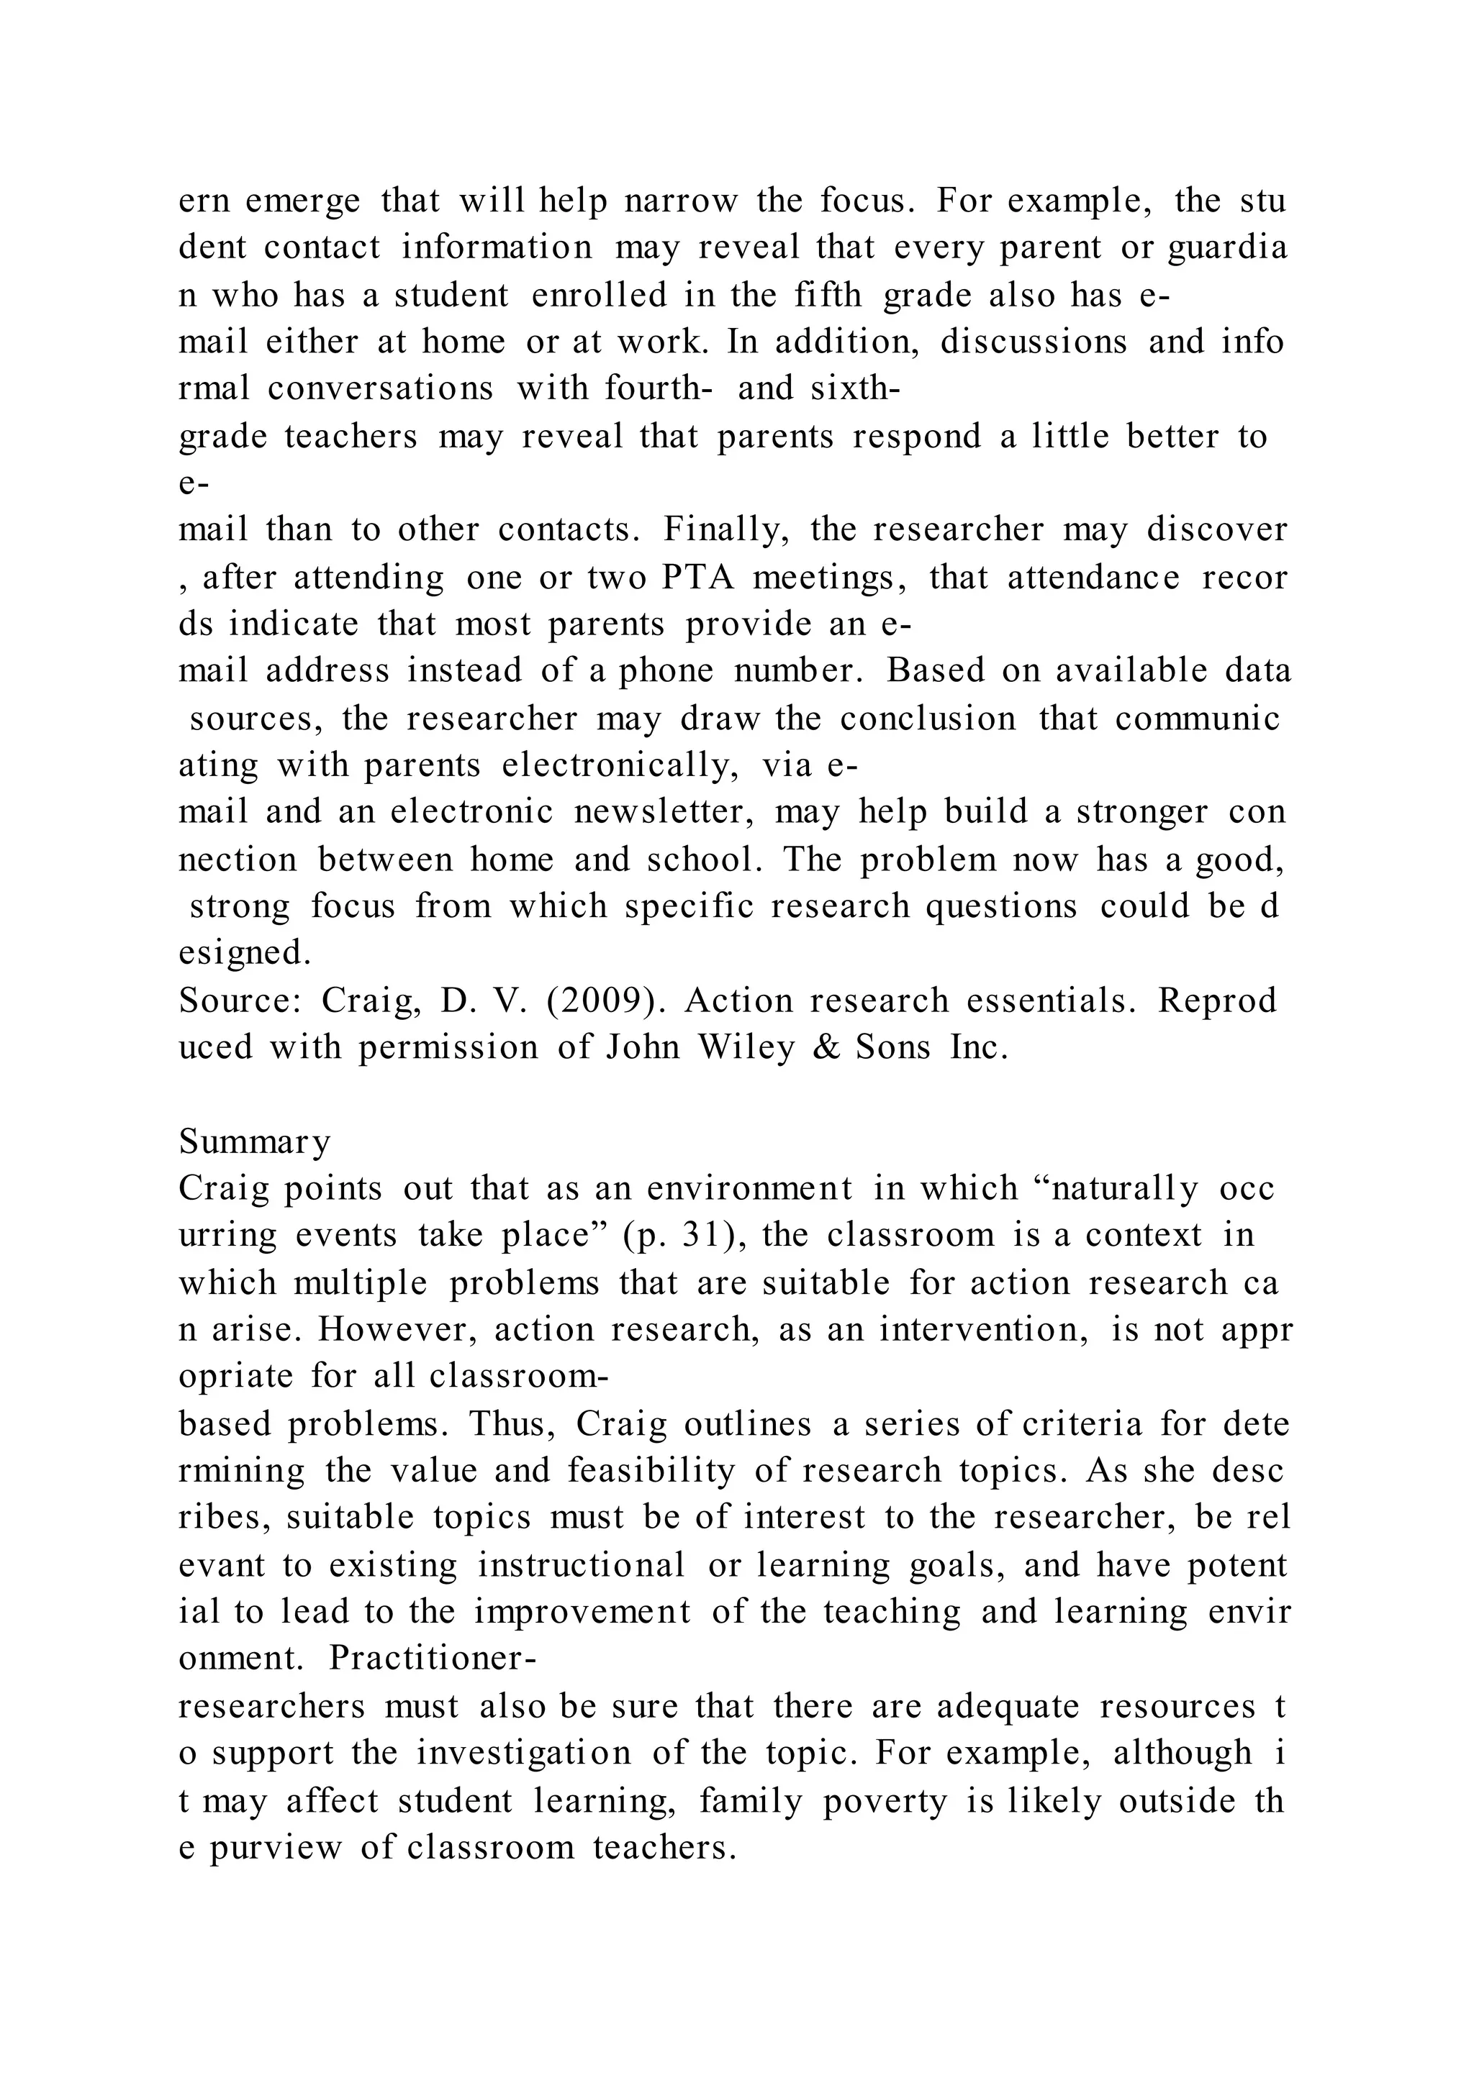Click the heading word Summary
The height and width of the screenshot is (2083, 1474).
coord(254,1141)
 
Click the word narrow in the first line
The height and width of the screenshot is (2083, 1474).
coord(681,201)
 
